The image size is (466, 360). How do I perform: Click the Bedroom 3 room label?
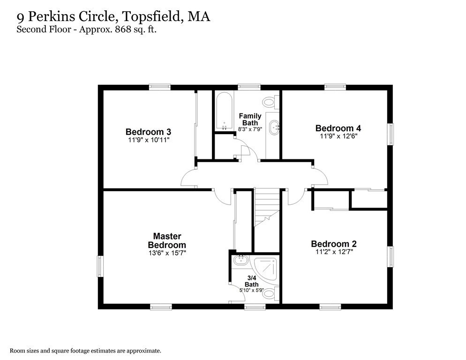pos(144,132)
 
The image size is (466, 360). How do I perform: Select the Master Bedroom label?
pos(166,240)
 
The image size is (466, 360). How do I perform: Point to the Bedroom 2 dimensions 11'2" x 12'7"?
pos(333,252)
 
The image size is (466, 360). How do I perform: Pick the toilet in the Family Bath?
pos(270,102)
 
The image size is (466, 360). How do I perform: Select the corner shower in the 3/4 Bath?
pos(266,269)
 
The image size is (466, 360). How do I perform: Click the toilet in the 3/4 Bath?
pos(269,294)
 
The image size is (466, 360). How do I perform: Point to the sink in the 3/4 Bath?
pos(241,260)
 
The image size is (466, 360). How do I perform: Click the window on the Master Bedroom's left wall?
pos(99,266)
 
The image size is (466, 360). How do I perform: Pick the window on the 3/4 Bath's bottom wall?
pos(255,307)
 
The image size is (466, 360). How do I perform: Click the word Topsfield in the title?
pos(154,17)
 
